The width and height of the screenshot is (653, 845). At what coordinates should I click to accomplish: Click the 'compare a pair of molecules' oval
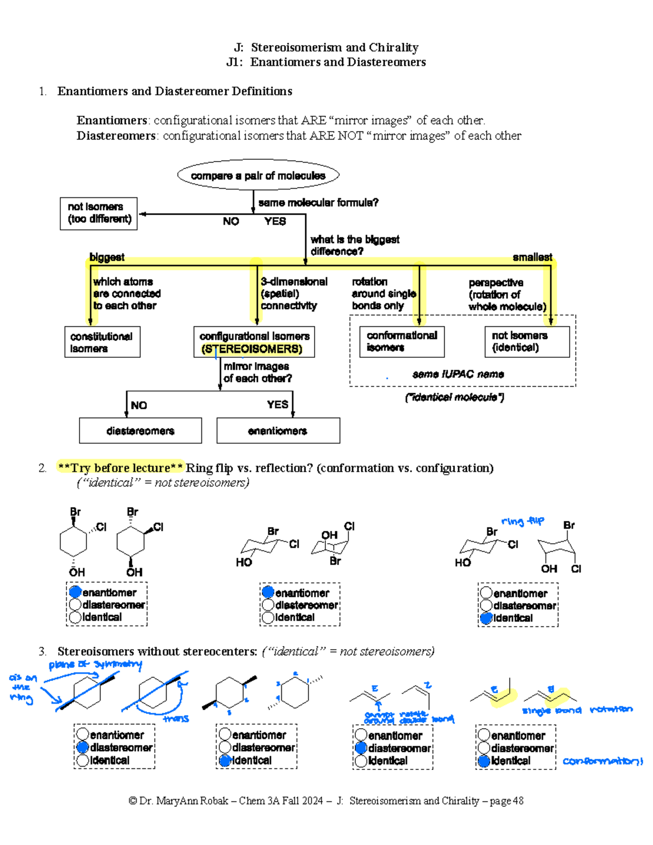pyautogui.click(x=258, y=175)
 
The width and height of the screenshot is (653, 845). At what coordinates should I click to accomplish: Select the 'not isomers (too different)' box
pyautogui.click(x=98, y=213)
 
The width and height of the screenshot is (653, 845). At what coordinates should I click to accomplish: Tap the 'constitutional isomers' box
pyautogui.click(x=102, y=342)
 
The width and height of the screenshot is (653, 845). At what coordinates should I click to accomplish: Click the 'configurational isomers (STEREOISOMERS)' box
pyautogui.click(x=254, y=342)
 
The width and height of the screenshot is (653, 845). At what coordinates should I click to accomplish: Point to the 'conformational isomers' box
pyautogui.click(x=402, y=341)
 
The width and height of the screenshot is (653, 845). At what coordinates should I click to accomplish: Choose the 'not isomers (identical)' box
pyautogui.click(x=527, y=341)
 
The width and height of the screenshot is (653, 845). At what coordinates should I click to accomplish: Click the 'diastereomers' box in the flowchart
pyautogui.click(x=140, y=431)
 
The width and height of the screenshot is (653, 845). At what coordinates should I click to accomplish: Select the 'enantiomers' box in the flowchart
pyautogui.click(x=278, y=431)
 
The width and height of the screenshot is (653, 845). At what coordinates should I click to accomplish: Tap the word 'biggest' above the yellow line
pyautogui.click(x=107, y=257)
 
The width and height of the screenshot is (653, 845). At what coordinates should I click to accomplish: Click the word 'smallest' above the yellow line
pyautogui.click(x=532, y=257)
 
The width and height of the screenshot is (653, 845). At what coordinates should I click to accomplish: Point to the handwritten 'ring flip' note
pyautogui.click(x=522, y=521)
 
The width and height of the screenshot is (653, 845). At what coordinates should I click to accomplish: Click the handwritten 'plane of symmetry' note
pyautogui.click(x=95, y=664)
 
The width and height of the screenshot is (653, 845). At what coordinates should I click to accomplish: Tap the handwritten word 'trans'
pyautogui.click(x=176, y=718)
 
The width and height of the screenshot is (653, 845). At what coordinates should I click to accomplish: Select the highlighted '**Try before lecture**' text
pyautogui.click(x=120, y=468)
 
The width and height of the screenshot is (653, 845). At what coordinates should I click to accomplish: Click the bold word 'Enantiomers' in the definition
pyautogui.click(x=112, y=120)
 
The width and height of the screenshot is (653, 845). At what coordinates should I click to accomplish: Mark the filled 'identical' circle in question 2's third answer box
pyautogui.click(x=486, y=618)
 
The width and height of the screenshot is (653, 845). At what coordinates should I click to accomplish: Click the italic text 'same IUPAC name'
pyautogui.click(x=458, y=374)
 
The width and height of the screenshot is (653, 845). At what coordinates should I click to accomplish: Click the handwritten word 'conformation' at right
pyautogui.click(x=602, y=761)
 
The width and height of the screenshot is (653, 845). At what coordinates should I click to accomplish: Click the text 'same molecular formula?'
pyautogui.click(x=318, y=202)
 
